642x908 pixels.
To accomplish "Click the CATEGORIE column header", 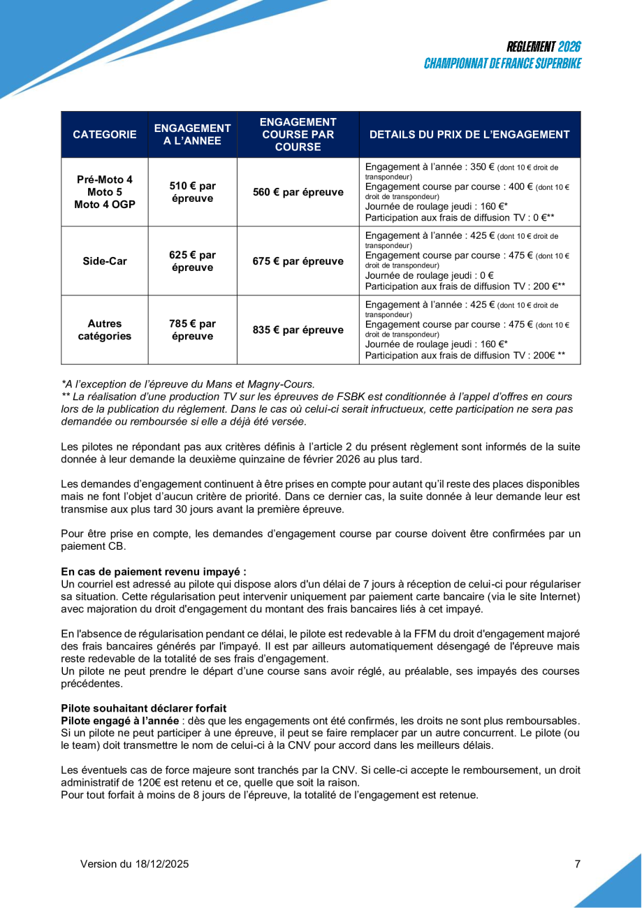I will tap(105, 134).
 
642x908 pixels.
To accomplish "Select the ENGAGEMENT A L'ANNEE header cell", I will tap(192, 134).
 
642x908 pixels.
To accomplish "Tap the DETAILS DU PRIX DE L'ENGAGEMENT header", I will tap(469, 134).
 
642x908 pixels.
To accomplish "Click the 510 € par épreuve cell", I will tap(192, 192).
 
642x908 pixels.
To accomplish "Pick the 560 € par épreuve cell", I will tap(298, 192).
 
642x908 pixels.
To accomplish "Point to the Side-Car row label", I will tap(105, 261).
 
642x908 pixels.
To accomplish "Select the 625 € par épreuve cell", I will tap(192, 261).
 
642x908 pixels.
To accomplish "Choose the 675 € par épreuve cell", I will tap(298, 261).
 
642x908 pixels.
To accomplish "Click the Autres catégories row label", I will tap(105, 330).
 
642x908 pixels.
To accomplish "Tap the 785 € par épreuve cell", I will tap(192, 330).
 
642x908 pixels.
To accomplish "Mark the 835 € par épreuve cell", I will tap(298, 330).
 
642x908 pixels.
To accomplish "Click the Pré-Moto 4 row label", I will tap(105, 179).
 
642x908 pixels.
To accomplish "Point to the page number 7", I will tap(578, 864).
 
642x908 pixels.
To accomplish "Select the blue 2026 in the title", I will tap(569, 47).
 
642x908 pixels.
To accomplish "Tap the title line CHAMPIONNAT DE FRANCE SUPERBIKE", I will tap(502, 64).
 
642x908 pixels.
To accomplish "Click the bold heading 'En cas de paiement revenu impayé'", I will tap(153, 571).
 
